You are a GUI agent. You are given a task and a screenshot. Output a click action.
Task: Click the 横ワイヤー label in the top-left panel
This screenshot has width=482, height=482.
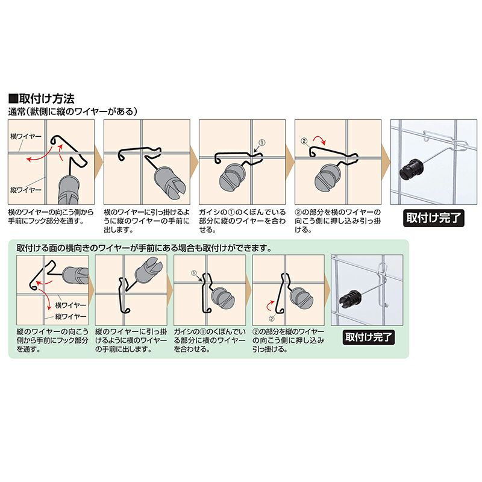click(x=26, y=137)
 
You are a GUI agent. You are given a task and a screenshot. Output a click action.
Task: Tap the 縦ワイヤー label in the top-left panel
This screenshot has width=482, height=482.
click(x=26, y=190)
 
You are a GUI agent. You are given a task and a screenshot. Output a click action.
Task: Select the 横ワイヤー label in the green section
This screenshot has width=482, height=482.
click(x=70, y=305)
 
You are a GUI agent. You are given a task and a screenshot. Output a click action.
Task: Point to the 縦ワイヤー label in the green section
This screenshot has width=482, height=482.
click(x=70, y=316)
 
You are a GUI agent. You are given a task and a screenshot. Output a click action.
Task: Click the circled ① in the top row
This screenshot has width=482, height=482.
click(x=262, y=143)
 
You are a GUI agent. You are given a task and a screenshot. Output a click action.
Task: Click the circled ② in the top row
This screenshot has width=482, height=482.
click(x=304, y=142)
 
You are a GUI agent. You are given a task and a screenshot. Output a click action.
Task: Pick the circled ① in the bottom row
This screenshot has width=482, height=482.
click(x=193, y=273)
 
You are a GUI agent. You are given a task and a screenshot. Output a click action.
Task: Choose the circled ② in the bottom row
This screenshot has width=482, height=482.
click(x=272, y=319)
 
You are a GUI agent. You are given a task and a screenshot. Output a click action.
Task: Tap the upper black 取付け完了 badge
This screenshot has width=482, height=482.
click(x=433, y=218)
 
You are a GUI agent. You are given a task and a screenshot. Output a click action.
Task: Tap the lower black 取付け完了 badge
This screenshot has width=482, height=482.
click(x=369, y=337)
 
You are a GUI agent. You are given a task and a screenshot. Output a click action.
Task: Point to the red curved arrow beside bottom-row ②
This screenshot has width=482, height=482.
click(x=269, y=305)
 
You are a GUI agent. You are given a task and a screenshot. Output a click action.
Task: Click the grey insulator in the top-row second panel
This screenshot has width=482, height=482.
click(x=169, y=182)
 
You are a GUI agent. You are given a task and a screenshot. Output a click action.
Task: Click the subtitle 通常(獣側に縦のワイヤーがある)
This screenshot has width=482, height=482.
click(x=72, y=111)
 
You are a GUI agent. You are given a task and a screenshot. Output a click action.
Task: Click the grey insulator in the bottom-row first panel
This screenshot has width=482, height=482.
click(x=75, y=275)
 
